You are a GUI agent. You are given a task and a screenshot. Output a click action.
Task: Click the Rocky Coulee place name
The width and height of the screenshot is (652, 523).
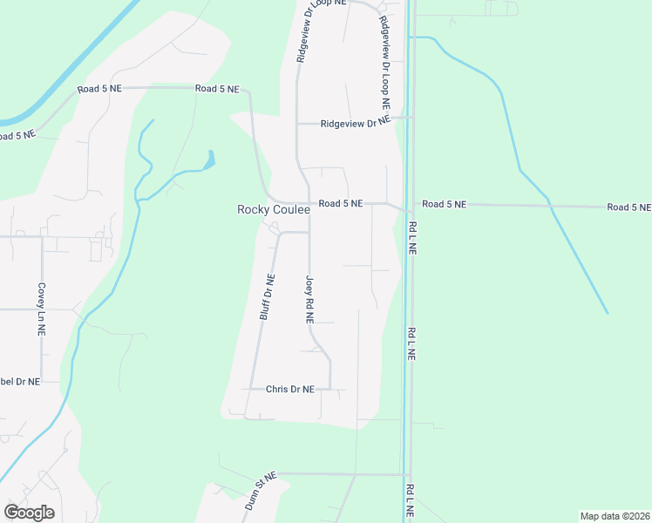[274, 210]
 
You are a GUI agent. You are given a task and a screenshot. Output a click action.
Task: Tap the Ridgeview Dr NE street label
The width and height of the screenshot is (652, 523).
[354, 124]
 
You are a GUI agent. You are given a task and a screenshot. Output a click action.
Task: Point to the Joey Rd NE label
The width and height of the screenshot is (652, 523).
[309, 301]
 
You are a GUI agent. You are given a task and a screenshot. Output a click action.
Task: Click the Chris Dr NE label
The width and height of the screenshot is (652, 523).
[289, 389]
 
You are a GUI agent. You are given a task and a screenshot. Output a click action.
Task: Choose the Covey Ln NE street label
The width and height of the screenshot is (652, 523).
[41, 309]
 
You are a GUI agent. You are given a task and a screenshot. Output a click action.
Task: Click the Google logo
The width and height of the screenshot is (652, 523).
[29, 513]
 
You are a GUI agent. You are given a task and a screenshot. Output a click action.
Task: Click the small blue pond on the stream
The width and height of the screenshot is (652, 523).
[208, 160]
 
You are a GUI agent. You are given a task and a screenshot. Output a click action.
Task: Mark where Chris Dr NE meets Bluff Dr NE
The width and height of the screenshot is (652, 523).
[253, 389]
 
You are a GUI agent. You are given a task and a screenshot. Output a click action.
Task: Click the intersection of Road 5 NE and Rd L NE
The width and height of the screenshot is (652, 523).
[407, 209]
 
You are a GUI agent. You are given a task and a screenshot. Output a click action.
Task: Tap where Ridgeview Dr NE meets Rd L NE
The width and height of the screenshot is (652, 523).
[411, 117]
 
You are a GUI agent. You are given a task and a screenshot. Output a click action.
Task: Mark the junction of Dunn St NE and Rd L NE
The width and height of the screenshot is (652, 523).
[407, 475]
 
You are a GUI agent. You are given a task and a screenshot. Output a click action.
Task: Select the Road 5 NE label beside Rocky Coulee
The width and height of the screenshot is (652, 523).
[340, 204]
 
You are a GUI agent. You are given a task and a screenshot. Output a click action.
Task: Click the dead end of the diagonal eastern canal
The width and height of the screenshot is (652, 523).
[608, 313]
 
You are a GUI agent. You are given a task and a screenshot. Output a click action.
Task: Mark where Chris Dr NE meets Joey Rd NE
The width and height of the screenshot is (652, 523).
[330, 389]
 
